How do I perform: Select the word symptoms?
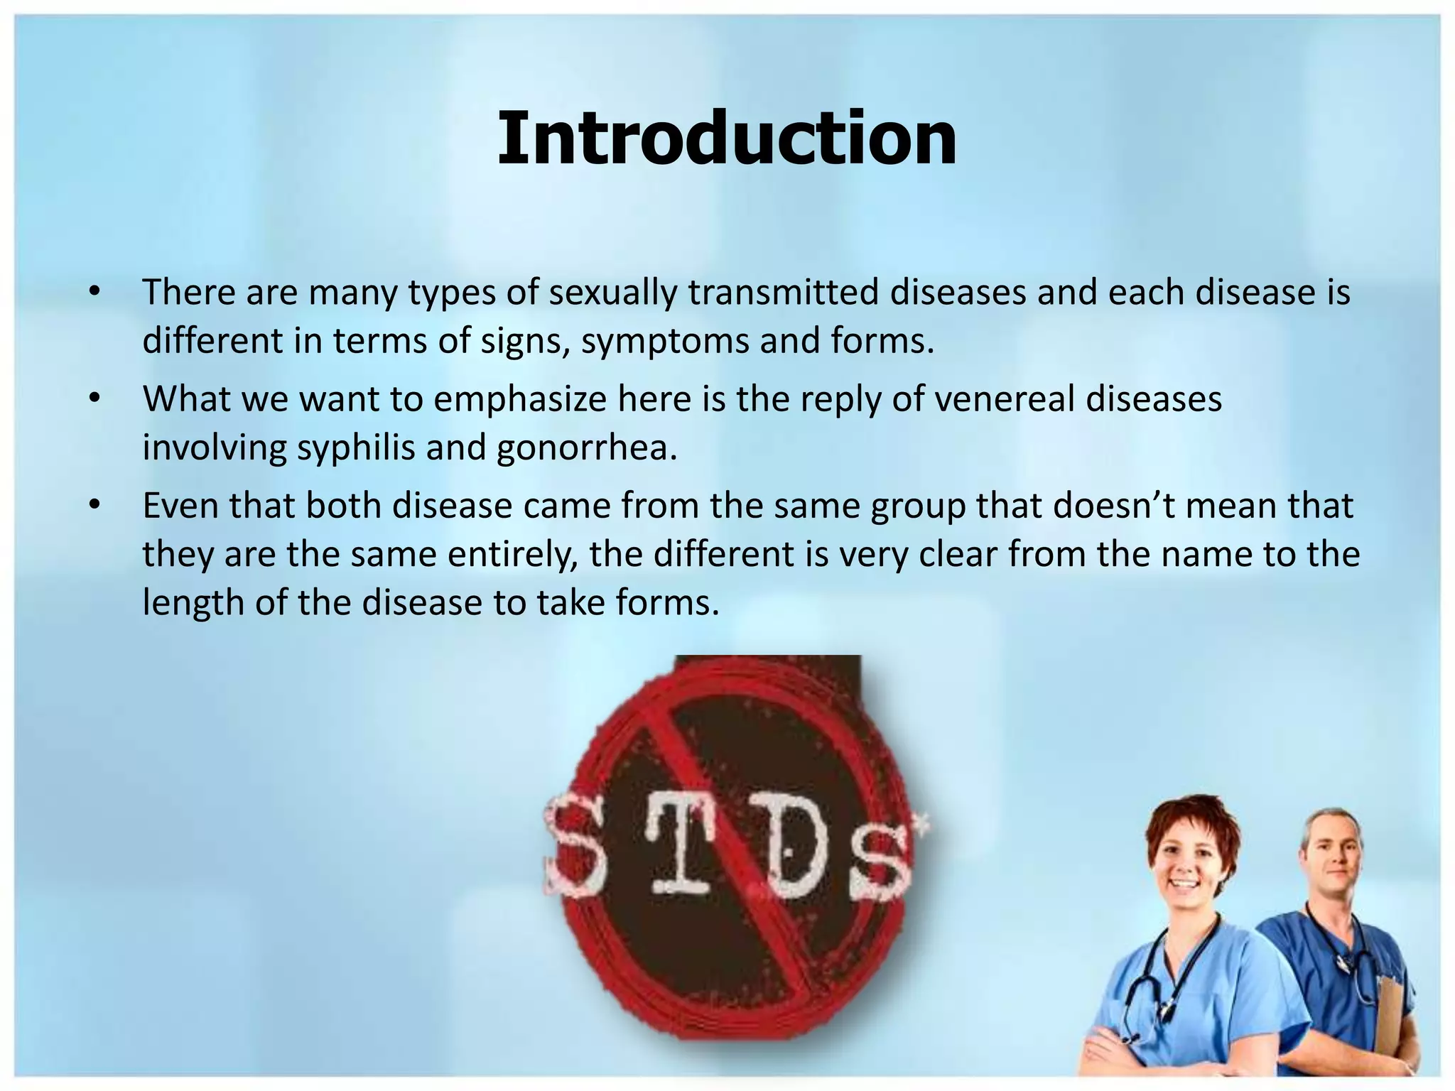664,342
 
